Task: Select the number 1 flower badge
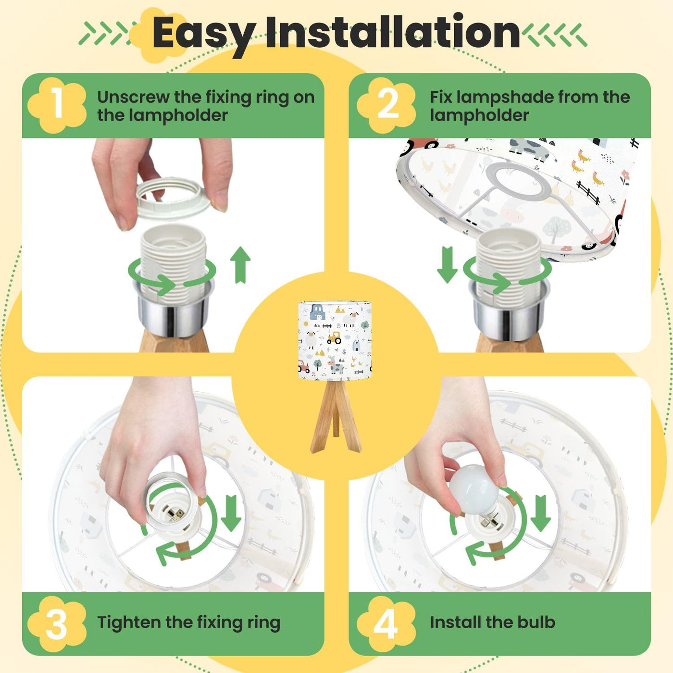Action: (x=57, y=105)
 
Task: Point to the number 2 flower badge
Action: (x=386, y=105)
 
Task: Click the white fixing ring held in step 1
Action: (x=174, y=197)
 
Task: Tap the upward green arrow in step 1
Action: (x=240, y=265)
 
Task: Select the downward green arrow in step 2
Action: (x=448, y=265)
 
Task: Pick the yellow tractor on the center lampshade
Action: (x=334, y=337)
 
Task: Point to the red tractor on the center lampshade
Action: (x=303, y=366)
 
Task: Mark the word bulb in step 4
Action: (x=536, y=623)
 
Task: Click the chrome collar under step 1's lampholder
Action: (x=174, y=307)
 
